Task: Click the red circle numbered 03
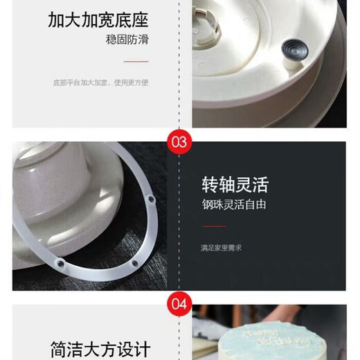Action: tap(179, 142)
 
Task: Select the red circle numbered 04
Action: tap(179, 304)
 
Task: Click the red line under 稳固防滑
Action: tap(136, 62)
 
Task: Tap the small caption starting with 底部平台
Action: tap(100, 82)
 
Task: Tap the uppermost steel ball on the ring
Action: tap(152, 199)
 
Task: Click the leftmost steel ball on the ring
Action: tap(60, 264)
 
